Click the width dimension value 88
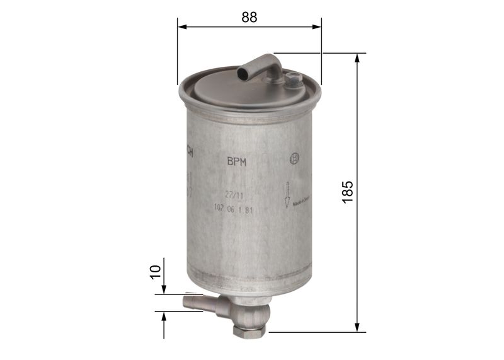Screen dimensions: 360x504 (249, 18)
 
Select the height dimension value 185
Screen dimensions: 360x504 (348, 192)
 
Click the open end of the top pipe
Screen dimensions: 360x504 (243, 74)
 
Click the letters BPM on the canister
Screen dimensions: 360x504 (236, 161)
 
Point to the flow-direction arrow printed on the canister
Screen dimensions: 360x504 (287, 194)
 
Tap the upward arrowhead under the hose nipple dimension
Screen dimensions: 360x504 (164, 316)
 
